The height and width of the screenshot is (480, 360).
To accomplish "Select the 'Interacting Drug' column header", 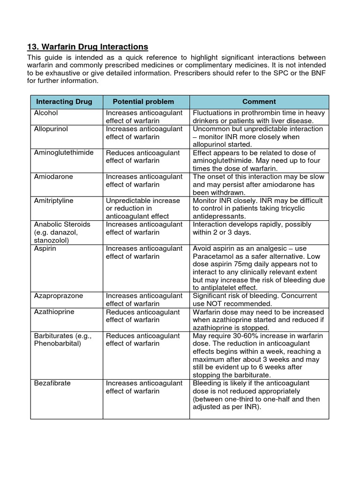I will (x=64, y=102).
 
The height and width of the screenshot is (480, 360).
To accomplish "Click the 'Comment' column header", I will (x=259, y=102).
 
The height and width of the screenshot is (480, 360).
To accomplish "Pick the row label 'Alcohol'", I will (x=46, y=113).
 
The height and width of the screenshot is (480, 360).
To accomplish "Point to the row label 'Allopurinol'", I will (x=51, y=129).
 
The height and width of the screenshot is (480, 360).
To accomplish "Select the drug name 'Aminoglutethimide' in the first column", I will (x=64, y=152).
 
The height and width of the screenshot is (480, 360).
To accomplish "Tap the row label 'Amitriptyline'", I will (x=54, y=200).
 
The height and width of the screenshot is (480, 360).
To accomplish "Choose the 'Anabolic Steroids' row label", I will (x=62, y=224).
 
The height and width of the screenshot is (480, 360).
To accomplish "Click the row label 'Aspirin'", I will (x=45, y=248).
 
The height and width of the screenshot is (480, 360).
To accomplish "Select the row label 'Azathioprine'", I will (x=54, y=312).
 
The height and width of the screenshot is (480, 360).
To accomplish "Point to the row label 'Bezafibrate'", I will (x=52, y=383).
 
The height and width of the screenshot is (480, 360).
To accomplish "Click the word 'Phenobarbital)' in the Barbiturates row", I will (x=58, y=344).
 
